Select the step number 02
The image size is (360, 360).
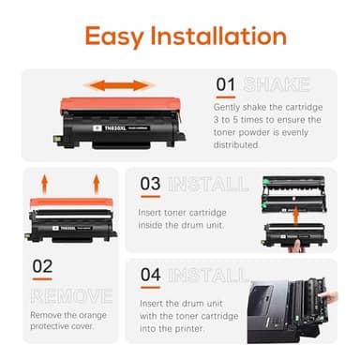[42, 266]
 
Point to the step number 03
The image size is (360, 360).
[151, 184]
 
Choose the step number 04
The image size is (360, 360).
[151, 276]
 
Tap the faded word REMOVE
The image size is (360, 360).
[70, 295]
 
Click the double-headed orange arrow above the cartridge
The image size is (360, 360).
[122, 85]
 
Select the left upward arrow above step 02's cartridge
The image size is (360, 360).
[42, 181]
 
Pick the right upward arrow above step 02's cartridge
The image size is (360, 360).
[96, 181]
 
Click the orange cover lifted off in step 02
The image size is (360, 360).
[70, 201]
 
